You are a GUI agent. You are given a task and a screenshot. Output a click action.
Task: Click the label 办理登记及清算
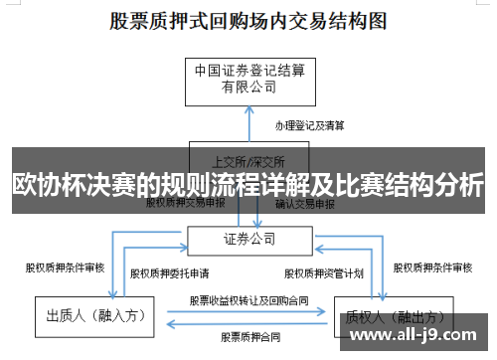click(x=310, y=126)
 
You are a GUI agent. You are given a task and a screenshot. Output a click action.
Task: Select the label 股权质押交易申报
click(x=185, y=203)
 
